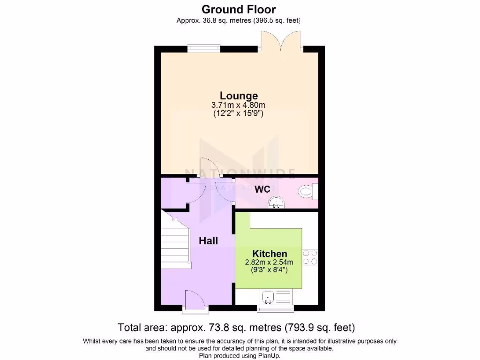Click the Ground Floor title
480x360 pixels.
[239, 9]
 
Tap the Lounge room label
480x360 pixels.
[239, 96]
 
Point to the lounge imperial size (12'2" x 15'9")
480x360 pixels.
[239, 113]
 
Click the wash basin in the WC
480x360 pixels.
[277, 202]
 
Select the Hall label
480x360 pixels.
[208, 241]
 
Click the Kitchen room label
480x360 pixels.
[270, 254]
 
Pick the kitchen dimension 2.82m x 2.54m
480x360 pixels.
[269, 262]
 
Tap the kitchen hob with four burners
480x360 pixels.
[310, 257]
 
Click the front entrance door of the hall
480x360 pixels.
[195, 300]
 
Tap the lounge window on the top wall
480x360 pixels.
[204, 48]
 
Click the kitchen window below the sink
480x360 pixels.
[276, 308]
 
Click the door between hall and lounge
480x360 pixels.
[205, 167]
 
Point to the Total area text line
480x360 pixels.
[240, 327]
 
